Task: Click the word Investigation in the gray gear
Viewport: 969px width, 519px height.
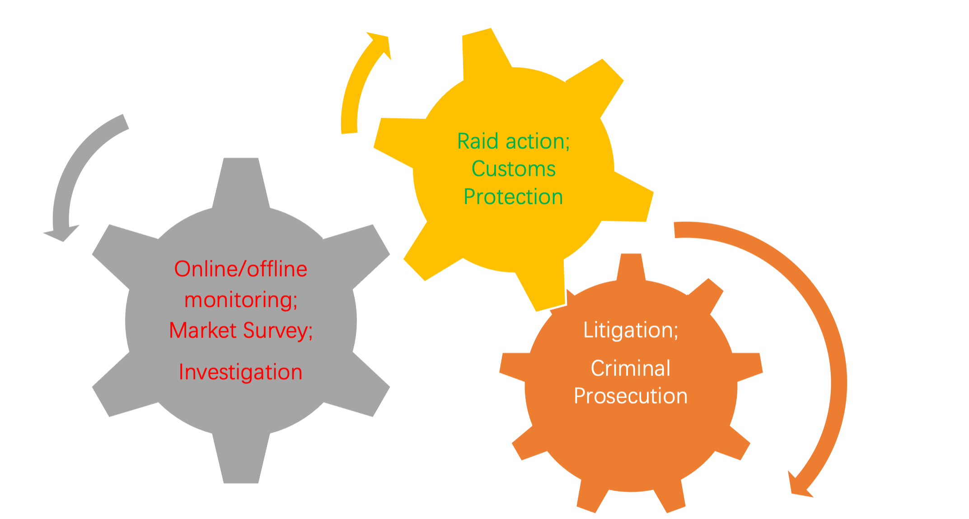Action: pos(240,372)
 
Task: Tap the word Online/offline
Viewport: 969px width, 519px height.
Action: pos(240,269)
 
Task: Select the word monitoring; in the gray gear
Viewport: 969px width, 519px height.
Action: pos(240,300)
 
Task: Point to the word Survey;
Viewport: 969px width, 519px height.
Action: pos(278,331)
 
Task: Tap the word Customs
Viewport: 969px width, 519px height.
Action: pos(513,169)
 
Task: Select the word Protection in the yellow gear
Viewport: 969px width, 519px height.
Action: pos(513,197)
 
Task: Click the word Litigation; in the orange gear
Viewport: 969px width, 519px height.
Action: pos(631,330)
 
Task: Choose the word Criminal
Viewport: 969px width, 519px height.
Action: pos(631,368)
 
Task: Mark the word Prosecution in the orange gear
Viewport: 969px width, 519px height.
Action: pos(631,396)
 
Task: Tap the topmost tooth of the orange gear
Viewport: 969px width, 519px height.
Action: pos(631,266)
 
